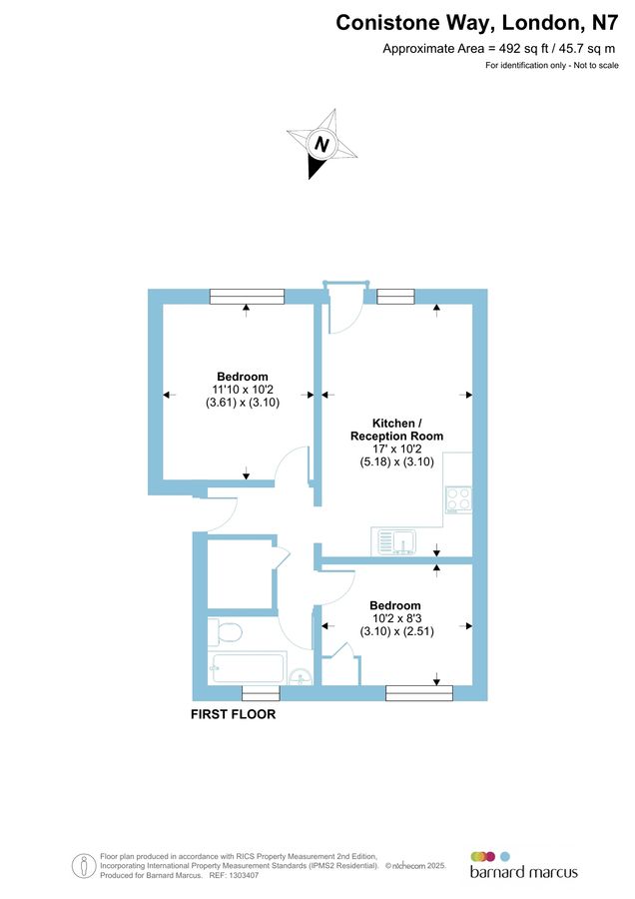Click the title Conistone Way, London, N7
(x=477, y=22)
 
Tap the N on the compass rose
(x=321, y=144)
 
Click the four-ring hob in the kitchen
(x=458, y=498)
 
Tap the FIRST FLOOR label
(x=234, y=715)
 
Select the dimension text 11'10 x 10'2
(x=243, y=390)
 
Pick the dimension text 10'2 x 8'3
(x=395, y=618)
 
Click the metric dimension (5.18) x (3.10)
(x=396, y=462)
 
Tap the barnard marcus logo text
(x=523, y=872)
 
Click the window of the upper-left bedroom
(x=247, y=296)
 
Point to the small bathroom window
(x=261, y=693)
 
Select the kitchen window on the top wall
(x=395, y=296)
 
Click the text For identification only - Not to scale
(x=551, y=66)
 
